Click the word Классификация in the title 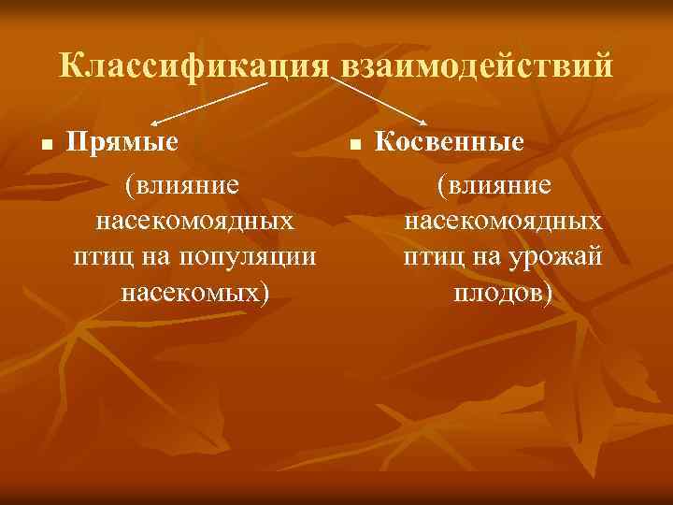[x=193, y=66]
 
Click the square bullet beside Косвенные [x=354, y=146]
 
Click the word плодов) [x=503, y=293]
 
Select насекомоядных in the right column [x=503, y=222]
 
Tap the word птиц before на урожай [x=430, y=257]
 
